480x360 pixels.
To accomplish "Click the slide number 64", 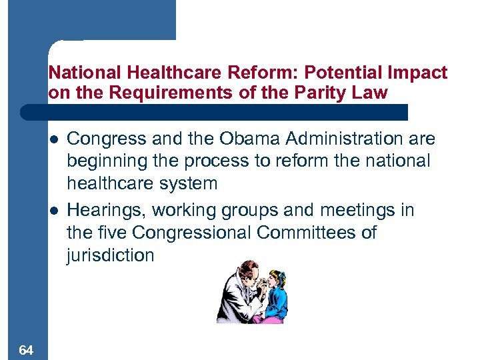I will pos(27,350).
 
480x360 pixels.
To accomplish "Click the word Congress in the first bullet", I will pos(106,139).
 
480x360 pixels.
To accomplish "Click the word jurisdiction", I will pos(111,255).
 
